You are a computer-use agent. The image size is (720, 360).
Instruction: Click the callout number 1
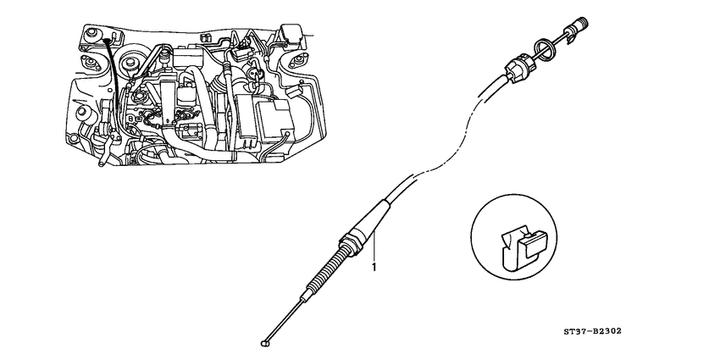(x=373, y=267)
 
